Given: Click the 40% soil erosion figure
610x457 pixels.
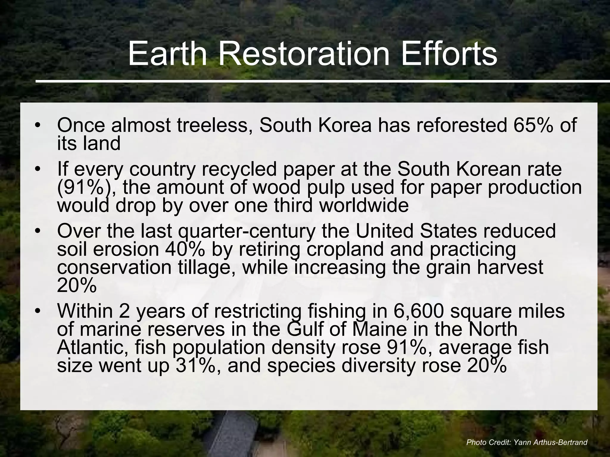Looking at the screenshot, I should point(184,249).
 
